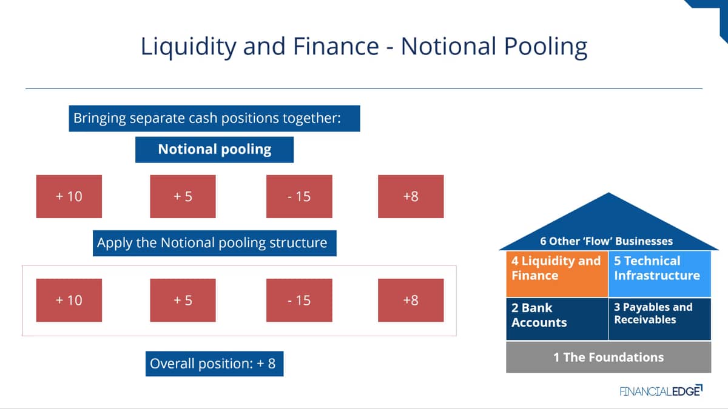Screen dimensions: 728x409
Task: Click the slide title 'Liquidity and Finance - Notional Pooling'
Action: (364, 47)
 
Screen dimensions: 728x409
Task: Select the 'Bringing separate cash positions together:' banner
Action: (215, 119)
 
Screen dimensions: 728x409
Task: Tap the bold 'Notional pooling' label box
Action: (215, 150)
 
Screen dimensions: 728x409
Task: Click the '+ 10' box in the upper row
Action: (69, 196)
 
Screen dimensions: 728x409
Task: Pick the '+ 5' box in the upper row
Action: (183, 196)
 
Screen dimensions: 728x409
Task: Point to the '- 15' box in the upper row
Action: (299, 196)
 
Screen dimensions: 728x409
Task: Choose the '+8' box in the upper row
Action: (411, 196)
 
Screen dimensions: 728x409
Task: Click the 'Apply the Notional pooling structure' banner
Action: (215, 243)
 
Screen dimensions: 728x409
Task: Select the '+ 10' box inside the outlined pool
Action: (69, 301)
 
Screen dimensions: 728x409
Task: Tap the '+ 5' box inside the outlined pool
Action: (183, 301)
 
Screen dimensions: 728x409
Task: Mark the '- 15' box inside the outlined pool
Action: (299, 301)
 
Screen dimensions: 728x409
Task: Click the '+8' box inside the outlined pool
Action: (411, 301)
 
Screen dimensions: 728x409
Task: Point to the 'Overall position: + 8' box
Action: (215, 364)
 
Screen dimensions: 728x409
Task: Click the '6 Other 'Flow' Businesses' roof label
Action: (607, 241)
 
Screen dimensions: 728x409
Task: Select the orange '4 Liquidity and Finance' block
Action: (557, 274)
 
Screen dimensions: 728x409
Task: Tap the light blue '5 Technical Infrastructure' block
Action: (660, 274)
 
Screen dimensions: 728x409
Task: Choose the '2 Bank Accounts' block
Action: (557, 319)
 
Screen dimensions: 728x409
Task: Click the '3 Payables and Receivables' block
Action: (660, 319)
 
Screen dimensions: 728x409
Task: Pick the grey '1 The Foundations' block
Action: (608, 357)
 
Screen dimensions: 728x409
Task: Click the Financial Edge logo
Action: (661, 391)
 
